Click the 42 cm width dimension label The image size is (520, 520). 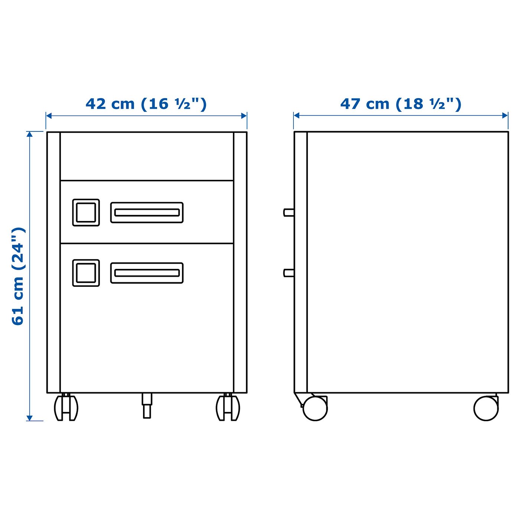[x=146, y=104]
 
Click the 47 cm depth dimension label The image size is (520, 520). [x=401, y=104]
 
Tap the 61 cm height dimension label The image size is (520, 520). [x=18, y=276]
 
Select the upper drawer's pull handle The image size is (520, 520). [x=147, y=212]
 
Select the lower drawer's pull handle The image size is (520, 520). [x=147, y=273]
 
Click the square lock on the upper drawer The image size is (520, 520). [x=86, y=212]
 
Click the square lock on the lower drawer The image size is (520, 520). [x=86, y=273]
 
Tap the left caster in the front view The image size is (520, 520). [x=66, y=407]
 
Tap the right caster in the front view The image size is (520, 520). [x=228, y=407]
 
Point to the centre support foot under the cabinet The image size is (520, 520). [x=147, y=406]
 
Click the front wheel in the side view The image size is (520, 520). [x=315, y=408]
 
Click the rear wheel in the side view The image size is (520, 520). [x=486, y=408]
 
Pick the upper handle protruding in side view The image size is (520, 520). [x=289, y=212]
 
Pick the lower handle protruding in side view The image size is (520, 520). [x=289, y=273]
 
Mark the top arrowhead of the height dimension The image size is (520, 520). [x=30, y=134]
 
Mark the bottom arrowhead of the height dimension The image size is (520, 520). [x=30, y=418]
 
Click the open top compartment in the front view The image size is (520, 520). [x=147, y=156]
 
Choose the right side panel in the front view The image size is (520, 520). [x=240, y=262]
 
